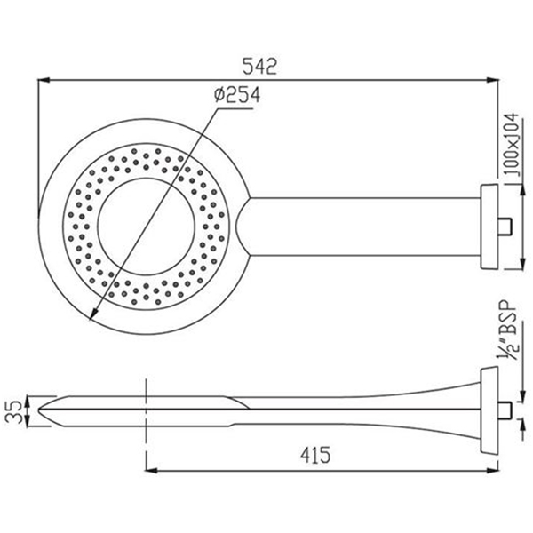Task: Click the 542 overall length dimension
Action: coord(259,67)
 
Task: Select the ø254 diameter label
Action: coord(237,94)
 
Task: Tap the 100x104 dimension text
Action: coord(512,145)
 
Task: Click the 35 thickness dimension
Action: coord(14,411)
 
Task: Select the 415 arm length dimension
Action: coord(315,455)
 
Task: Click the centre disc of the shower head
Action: coord(147,227)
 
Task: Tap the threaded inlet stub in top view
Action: coord(505,227)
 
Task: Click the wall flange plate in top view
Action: coord(489,227)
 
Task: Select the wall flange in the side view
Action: coord(489,410)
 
